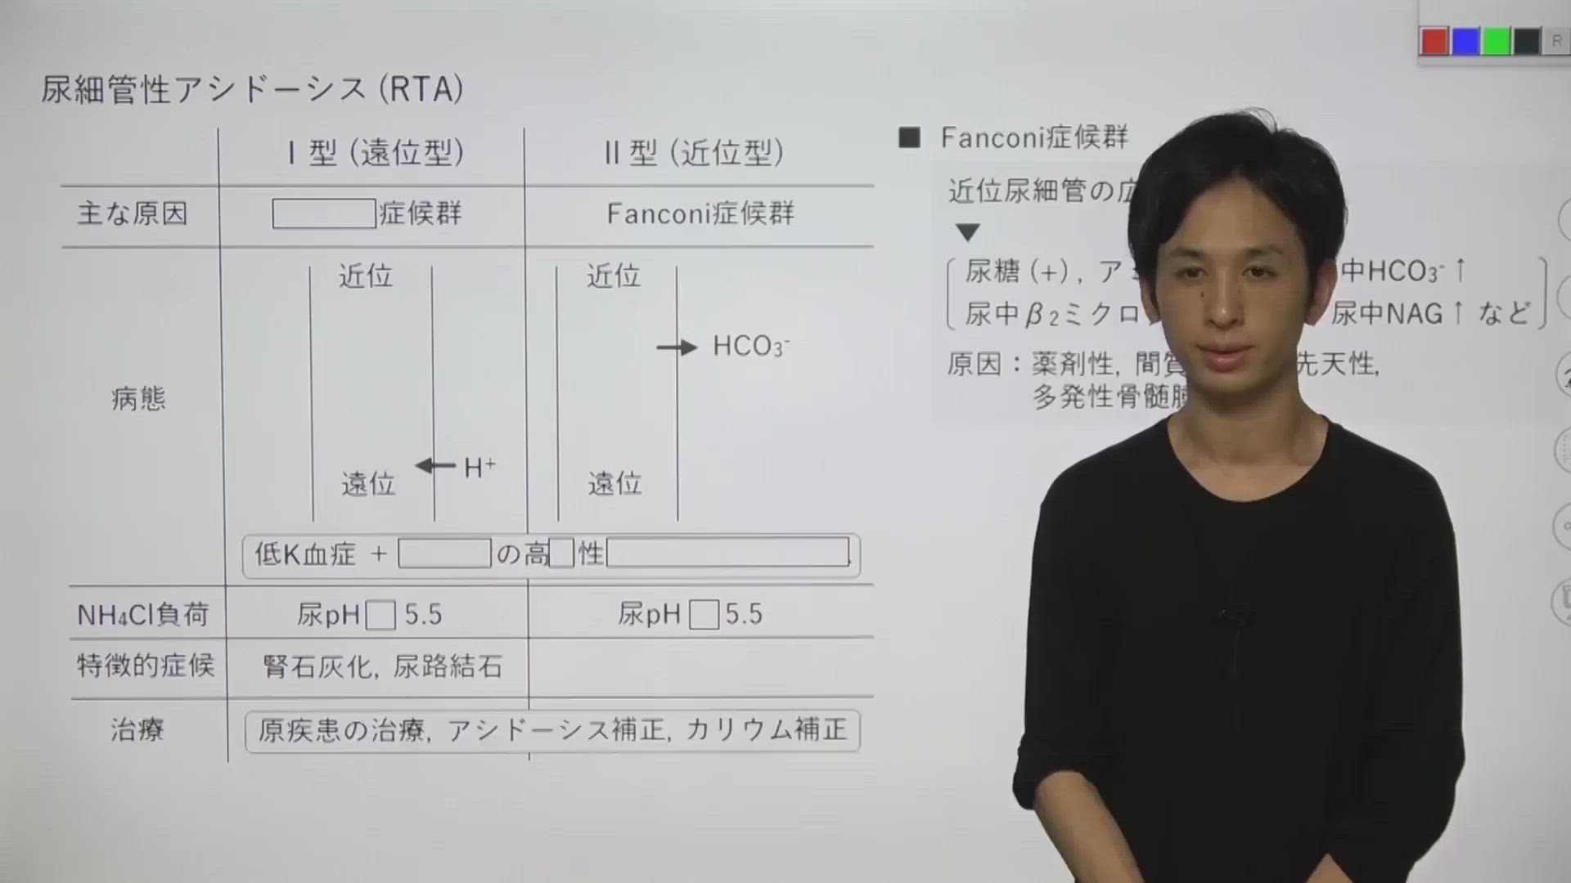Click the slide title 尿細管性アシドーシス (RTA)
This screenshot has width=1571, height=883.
pos(252,89)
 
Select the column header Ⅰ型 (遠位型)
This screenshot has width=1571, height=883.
pos(376,153)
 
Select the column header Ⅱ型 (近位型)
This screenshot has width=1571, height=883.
pos(694,153)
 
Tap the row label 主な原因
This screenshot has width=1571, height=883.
pos(133,214)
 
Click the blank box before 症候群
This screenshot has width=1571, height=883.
pos(324,214)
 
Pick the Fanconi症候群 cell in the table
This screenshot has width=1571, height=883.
pos(700,214)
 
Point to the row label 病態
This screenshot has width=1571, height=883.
pos(138,399)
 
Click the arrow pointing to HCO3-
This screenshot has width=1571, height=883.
pos(677,347)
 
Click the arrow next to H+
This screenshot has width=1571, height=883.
pos(435,466)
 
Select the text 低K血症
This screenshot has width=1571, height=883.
pos(304,554)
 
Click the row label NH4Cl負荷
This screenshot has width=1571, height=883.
pos(143,615)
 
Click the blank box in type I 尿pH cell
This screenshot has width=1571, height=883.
pos(380,615)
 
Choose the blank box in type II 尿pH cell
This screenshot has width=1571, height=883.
pos(704,615)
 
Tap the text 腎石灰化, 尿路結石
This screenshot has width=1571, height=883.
pos(383,667)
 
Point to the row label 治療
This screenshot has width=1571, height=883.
pos(137,729)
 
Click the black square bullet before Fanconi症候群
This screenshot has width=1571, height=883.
pos(909,137)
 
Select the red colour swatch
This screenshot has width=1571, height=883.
pos(1434,42)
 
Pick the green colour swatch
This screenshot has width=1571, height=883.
pos(1497,42)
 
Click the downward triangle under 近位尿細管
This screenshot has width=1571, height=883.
pos(968,233)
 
